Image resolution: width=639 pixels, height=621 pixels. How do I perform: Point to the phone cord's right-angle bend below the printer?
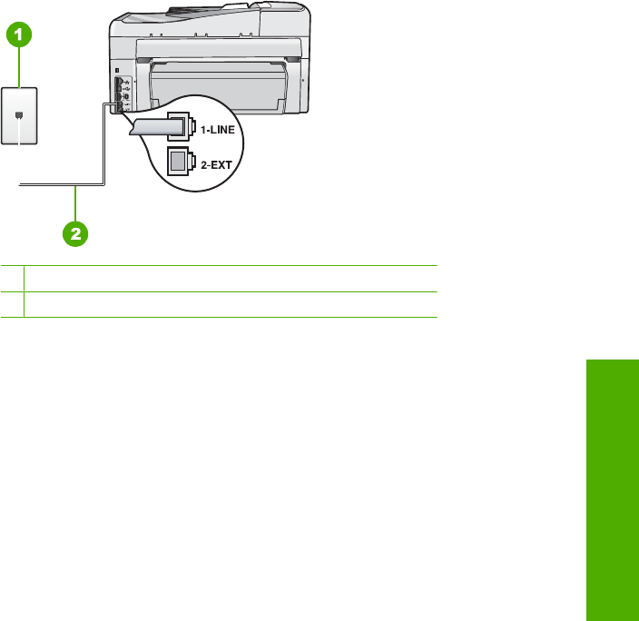click(103, 184)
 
